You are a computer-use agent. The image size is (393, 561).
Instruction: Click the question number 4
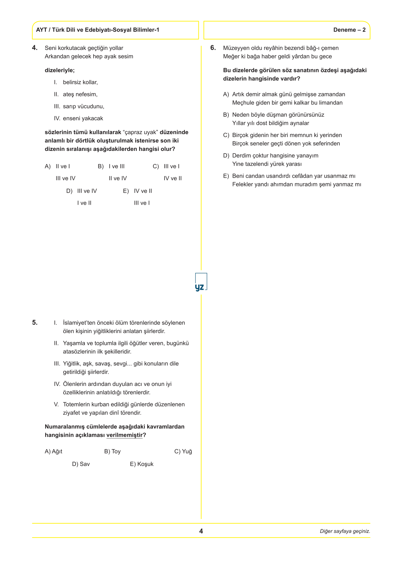coord(35,48)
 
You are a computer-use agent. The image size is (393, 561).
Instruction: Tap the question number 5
coord(35,322)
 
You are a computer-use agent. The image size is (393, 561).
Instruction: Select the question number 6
coord(213,48)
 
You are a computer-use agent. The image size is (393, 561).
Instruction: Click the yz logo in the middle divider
coord(200,283)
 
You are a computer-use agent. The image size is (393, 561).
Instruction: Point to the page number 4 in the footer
coord(201,531)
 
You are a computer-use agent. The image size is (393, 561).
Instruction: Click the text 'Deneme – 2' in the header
coord(349,30)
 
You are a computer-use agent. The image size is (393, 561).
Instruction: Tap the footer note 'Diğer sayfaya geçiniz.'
coord(345,531)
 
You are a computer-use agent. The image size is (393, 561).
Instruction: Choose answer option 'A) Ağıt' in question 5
coord(54,451)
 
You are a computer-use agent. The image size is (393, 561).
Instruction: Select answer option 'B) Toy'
coord(112,451)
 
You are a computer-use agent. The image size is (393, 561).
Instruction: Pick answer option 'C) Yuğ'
coord(183,451)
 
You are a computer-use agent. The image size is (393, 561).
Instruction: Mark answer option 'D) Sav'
coord(81,464)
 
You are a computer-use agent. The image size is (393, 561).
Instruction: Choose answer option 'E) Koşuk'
coord(142,464)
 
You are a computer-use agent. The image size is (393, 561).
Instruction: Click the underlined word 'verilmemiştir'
coord(124,435)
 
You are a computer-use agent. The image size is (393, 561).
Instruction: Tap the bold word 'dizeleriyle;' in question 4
coord(60,70)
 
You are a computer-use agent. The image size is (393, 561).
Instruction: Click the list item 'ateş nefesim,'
coord(80,94)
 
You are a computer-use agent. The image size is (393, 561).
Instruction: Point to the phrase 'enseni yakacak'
coord(83,118)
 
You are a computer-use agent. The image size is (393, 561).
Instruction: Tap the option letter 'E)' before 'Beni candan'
coord(226,176)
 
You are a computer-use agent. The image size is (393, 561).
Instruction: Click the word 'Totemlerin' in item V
coord(76,404)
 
